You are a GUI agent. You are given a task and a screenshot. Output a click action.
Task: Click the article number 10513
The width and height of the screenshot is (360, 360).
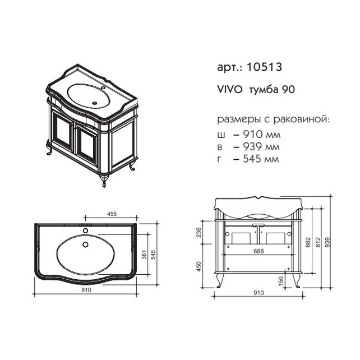(264, 67)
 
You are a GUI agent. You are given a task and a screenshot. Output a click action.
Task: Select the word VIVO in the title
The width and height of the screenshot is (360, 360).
(230, 90)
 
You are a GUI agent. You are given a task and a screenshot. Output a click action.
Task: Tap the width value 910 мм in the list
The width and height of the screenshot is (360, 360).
(262, 135)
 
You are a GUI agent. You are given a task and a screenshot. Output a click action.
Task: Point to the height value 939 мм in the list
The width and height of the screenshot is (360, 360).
(261, 147)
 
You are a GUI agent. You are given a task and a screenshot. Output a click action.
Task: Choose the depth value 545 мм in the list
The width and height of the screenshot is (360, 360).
(261, 159)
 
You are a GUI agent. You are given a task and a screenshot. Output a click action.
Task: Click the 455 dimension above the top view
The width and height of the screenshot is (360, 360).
(112, 214)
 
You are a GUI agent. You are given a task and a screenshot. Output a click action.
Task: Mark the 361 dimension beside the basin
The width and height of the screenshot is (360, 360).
(144, 255)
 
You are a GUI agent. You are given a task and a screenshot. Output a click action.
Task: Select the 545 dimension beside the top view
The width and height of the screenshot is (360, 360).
(153, 255)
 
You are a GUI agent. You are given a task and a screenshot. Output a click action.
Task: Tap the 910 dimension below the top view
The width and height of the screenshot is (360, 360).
(86, 290)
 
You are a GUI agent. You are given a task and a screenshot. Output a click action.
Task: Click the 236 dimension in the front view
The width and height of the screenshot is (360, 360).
(199, 232)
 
